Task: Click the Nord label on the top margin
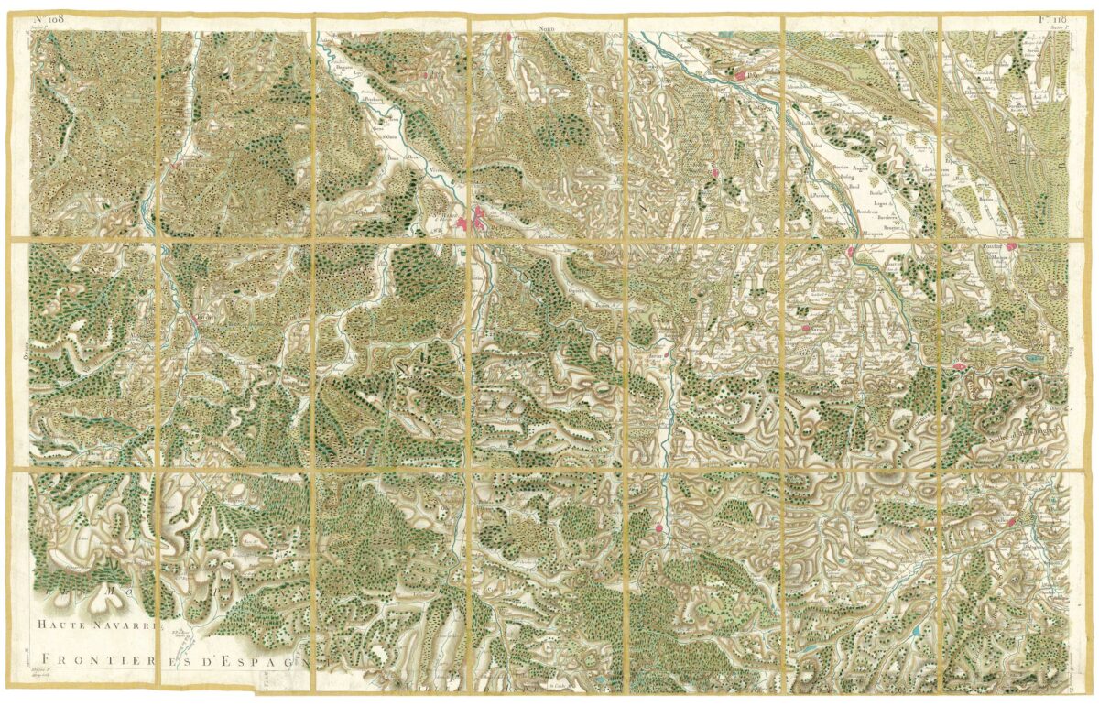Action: pyautogui.click(x=548, y=29)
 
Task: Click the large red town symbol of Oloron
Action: pyautogui.click(x=479, y=219)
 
